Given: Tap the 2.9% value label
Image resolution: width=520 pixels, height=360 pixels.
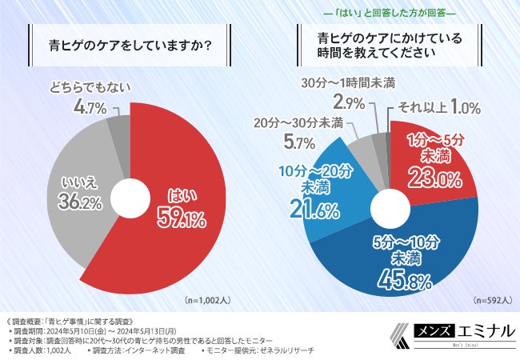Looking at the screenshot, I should [348, 102].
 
